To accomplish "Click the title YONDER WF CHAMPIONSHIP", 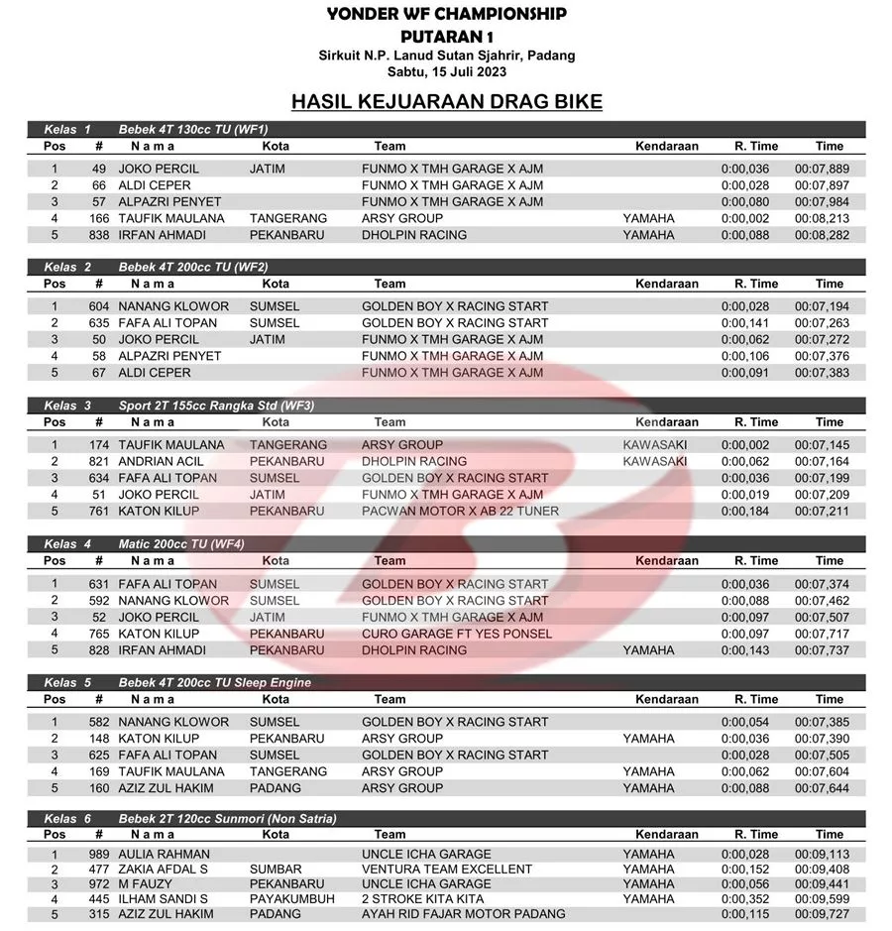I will (x=446, y=14).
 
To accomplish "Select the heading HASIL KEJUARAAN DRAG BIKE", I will (x=446, y=101).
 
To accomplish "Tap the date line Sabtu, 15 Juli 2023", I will (x=446, y=72).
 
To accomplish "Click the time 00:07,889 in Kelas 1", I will (x=822, y=169).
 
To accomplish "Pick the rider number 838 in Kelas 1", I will (x=98, y=235).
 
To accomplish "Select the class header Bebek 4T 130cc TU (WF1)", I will (x=193, y=129).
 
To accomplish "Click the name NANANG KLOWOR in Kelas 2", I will (x=173, y=306).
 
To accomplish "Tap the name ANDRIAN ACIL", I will (x=161, y=461).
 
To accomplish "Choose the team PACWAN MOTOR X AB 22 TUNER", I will (x=460, y=512).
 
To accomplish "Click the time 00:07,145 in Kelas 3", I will (x=822, y=445).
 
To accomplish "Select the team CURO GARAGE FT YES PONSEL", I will (x=457, y=634).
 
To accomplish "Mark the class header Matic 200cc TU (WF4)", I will (x=181, y=544).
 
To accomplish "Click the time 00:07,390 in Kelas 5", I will (x=822, y=739).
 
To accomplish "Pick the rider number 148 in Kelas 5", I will (x=98, y=739).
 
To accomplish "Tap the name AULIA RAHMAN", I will (x=164, y=854).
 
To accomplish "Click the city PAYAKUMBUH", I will (x=292, y=898).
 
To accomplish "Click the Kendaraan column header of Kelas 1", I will (x=667, y=146).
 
